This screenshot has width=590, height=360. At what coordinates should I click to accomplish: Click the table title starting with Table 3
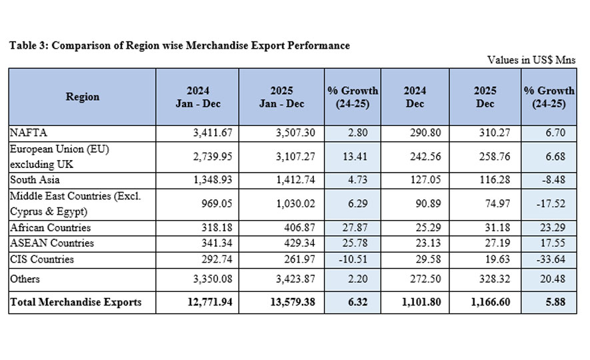179,45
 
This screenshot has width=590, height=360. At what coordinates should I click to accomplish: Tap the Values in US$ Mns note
531,60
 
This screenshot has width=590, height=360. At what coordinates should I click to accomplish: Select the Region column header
82,97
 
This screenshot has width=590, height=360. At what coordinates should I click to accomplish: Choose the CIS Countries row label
41,259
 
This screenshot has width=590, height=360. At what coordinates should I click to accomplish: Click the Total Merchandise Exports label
75,302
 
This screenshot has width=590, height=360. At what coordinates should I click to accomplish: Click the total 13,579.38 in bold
291,302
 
